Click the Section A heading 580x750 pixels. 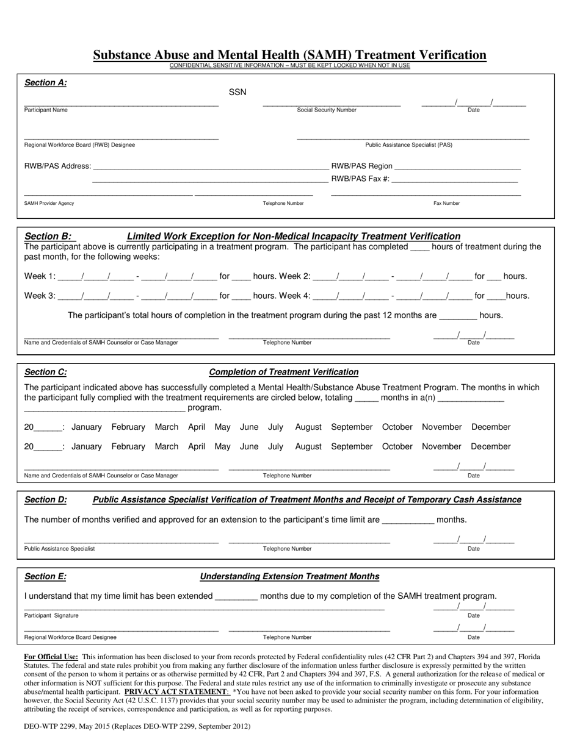tap(46, 83)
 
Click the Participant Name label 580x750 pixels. tap(46, 110)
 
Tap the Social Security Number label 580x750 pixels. tap(327, 110)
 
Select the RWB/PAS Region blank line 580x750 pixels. tap(457, 167)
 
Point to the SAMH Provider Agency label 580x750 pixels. tap(49, 203)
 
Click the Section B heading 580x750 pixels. tap(48, 236)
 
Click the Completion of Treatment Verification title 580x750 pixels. tap(284, 372)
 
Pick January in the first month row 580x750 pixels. tap(87, 427)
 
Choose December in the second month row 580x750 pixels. tap(491, 446)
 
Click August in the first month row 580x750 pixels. tap(308, 427)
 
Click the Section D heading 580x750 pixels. tap(46, 500)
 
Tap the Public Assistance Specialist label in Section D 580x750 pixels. tap(59, 549)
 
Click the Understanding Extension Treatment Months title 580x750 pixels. tap(289, 577)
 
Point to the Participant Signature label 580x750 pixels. tap(51, 615)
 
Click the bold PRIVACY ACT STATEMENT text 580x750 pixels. tap(176, 692)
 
